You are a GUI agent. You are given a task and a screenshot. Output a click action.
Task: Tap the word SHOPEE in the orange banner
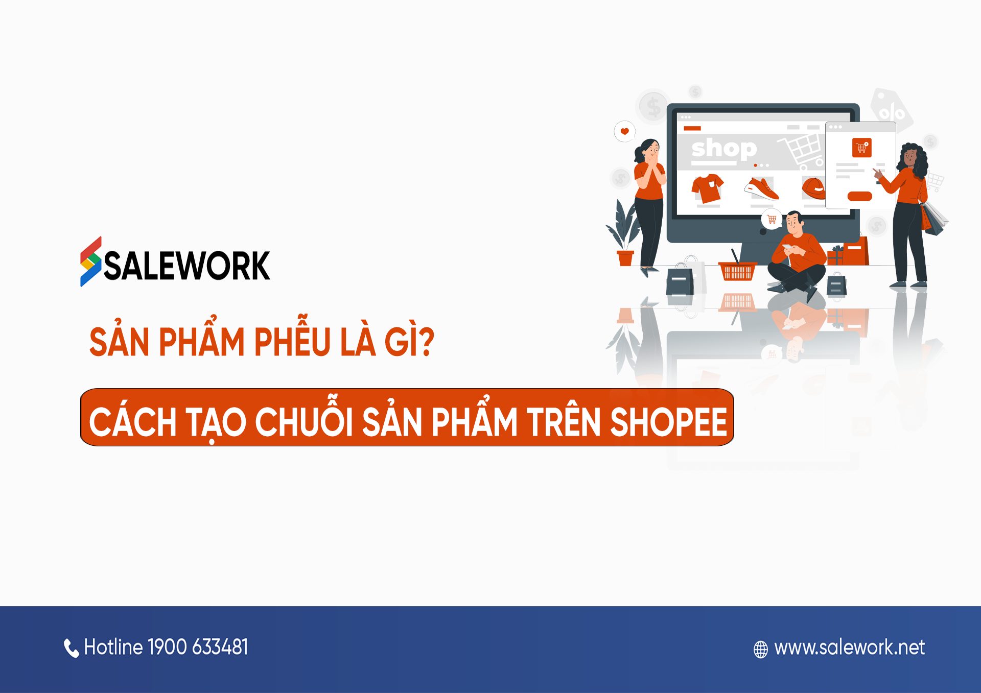tap(668, 422)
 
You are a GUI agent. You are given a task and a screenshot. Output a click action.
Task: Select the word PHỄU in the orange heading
tap(292, 341)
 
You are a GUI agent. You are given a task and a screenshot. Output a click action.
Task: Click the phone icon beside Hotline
tap(71, 648)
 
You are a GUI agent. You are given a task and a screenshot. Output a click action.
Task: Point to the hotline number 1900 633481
tap(198, 647)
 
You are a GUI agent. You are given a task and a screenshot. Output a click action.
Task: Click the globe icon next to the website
tap(761, 649)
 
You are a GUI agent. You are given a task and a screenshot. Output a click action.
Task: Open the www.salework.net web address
tap(849, 648)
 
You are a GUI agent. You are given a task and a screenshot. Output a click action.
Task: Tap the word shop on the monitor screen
tap(724, 149)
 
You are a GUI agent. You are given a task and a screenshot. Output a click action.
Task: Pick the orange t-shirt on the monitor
tap(708, 187)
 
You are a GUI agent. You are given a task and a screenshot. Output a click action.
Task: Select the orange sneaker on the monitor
tap(762, 188)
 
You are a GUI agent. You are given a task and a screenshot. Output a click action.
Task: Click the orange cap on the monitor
tap(813, 188)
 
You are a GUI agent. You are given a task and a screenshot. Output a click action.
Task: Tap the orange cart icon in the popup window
tap(861, 148)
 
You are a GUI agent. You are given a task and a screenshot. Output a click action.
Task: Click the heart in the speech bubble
tap(624, 131)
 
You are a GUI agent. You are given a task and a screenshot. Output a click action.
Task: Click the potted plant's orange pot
tap(625, 258)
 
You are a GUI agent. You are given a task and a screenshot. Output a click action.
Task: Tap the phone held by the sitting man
tap(787, 247)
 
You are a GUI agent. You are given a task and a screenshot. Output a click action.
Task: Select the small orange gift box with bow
tap(835, 255)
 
